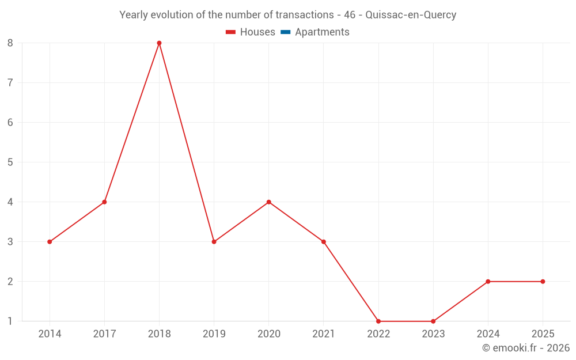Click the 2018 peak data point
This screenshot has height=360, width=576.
coord(159,43)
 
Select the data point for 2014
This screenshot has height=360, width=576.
coord(50,242)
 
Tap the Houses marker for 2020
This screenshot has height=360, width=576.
coord(269,202)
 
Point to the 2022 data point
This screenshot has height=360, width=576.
coord(378,321)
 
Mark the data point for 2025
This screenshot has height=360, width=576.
coord(543,282)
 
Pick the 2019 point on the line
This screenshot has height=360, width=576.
coord(214,242)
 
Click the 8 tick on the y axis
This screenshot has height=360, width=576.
coord(10,43)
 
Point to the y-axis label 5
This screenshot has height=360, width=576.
coord(10,162)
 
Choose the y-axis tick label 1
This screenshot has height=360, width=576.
coord(10,321)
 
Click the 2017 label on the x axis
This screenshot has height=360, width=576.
coord(104,334)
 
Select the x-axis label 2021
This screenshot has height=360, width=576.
coord(323,334)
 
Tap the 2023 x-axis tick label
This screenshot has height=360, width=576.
coord(433,334)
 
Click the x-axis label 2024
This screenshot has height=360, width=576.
coord(488,334)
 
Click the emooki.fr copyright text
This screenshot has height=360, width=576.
coord(526,348)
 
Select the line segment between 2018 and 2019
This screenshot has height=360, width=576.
coord(187,143)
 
